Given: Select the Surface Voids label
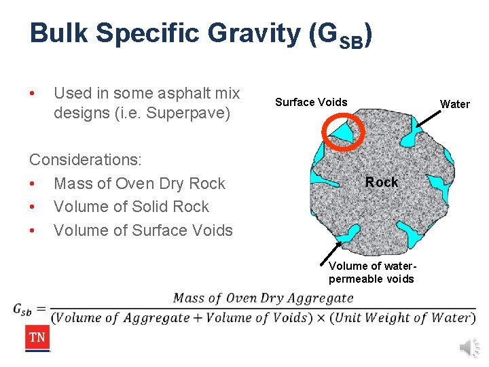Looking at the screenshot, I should point(311,102).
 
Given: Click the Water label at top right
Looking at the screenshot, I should point(454,104).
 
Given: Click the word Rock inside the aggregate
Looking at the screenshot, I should point(382,181).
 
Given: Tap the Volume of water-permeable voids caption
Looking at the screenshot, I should point(371,272).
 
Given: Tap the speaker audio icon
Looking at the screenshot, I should point(469,347).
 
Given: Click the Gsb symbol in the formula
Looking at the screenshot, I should point(22,309).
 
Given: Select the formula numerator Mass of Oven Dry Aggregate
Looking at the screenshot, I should point(264,298).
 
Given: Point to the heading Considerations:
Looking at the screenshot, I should point(86,160).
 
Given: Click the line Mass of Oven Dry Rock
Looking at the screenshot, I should point(139,183).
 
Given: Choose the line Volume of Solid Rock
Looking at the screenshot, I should point(131,207).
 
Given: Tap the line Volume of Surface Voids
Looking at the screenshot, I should point(143,230).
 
